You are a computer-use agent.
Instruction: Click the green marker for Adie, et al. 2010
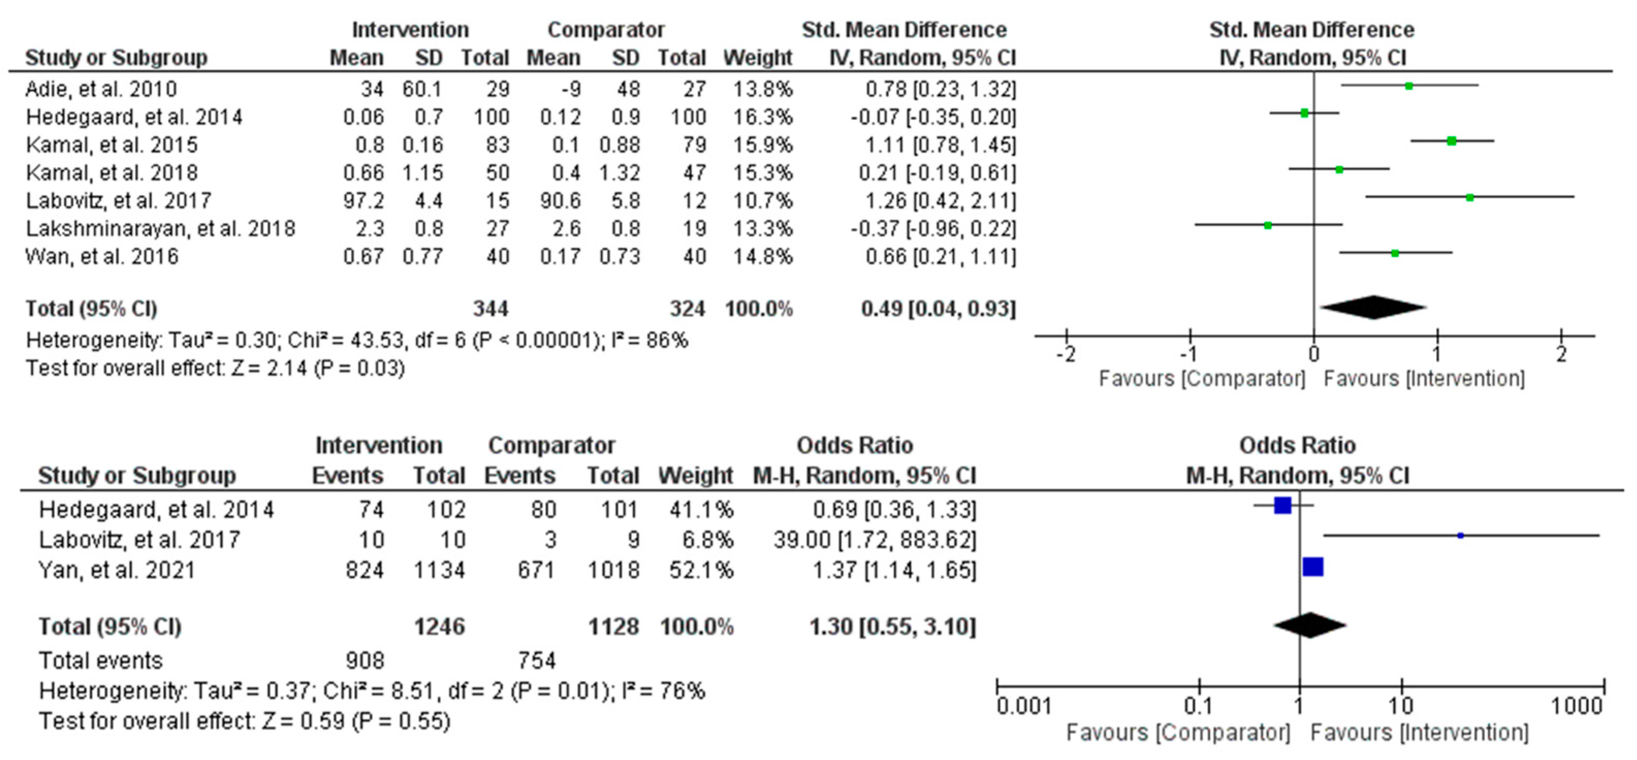click(1409, 86)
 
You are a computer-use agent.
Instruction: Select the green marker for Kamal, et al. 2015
click(1451, 141)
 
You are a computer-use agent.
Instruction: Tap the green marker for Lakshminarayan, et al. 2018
click(1268, 225)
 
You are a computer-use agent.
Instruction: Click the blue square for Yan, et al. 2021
click(1313, 567)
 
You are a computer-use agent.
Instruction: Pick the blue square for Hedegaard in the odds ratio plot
click(1283, 506)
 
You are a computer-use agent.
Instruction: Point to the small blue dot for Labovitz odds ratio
click(1461, 536)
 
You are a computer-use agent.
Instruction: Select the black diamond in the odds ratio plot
click(1310, 625)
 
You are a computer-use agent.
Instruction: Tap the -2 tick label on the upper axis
click(1066, 354)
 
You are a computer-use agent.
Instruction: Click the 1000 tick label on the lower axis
click(1576, 706)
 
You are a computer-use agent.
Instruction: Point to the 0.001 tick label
click(1024, 706)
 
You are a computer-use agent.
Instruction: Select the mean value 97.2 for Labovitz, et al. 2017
click(363, 201)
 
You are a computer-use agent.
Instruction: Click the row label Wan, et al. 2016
click(102, 257)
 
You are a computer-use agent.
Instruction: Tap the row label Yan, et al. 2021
click(117, 570)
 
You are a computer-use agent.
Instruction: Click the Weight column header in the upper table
click(758, 58)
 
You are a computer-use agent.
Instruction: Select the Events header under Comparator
click(520, 475)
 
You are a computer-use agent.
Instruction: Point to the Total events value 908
click(365, 661)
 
